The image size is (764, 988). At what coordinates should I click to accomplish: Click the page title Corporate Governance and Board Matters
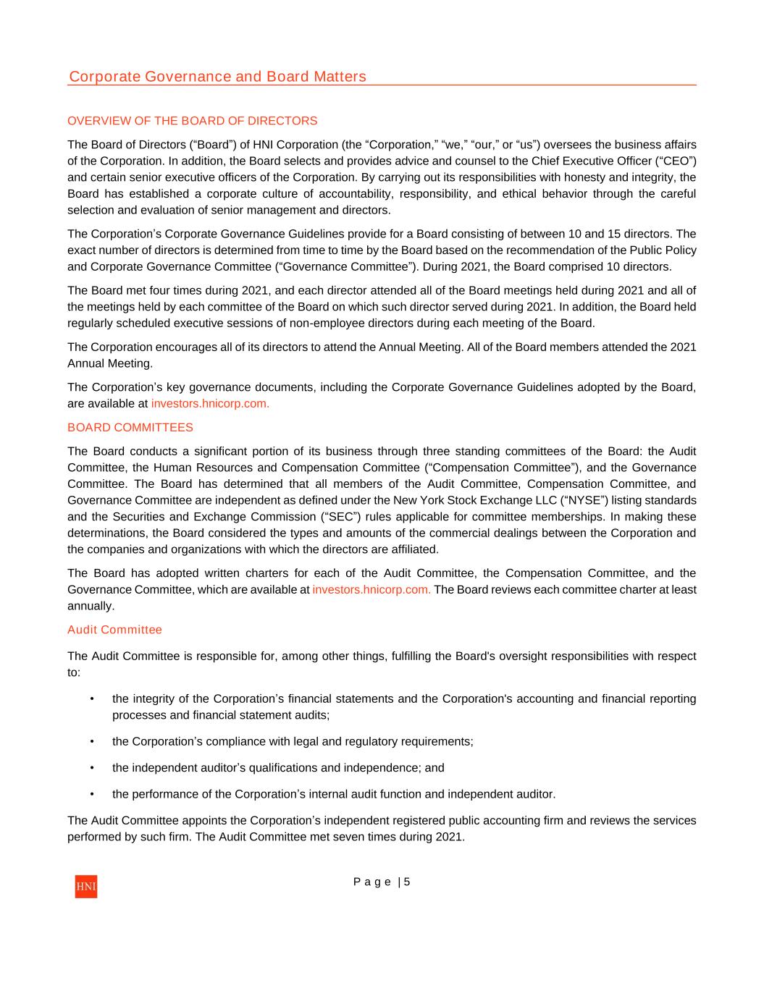tap(217, 77)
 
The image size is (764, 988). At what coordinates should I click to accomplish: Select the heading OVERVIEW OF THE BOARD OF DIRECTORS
tap(192, 121)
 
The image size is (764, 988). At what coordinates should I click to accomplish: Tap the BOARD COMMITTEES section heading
tap(130, 428)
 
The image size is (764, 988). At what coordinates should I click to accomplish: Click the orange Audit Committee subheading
tap(114, 630)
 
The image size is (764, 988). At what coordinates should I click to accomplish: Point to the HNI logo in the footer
tap(85, 886)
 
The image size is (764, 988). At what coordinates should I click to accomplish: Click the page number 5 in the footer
tap(407, 882)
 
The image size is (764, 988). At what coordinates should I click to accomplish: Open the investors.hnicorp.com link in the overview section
tap(210, 404)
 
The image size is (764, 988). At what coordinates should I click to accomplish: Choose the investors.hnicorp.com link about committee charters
tap(371, 590)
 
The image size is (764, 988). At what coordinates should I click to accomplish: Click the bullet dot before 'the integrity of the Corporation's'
tap(92, 699)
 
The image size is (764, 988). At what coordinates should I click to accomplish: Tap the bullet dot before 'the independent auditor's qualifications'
tap(92, 768)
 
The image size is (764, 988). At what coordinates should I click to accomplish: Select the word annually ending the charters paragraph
tap(90, 606)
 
